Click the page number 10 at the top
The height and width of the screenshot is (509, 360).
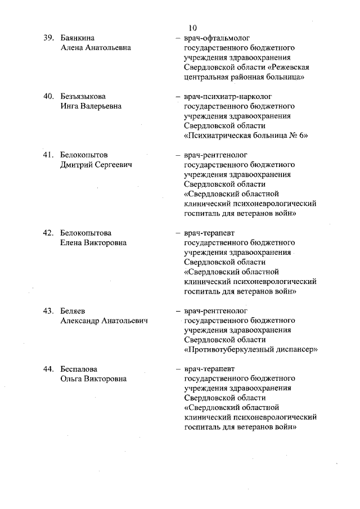point(193,27)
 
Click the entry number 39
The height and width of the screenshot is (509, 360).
point(49,38)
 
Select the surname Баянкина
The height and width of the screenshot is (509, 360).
point(78,38)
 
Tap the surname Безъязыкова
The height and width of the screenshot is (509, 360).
point(83,96)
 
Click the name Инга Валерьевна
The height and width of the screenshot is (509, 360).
point(90,106)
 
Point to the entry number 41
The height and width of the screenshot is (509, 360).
point(49,155)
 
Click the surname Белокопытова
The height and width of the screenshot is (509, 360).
point(85,233)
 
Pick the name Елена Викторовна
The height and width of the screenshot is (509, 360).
point(93,243)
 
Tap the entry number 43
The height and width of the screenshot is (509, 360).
point(49,310)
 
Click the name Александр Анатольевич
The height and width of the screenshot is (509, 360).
point(103,321)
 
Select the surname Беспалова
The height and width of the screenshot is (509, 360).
point(79,369)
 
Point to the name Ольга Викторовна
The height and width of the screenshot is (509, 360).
point(93,379)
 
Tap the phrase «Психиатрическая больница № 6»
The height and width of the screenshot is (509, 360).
point(246,136)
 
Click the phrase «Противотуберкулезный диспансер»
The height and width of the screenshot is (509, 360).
point(251,349)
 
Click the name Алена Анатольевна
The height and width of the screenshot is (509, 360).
point(96,48)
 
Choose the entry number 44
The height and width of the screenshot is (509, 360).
point(49,369)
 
